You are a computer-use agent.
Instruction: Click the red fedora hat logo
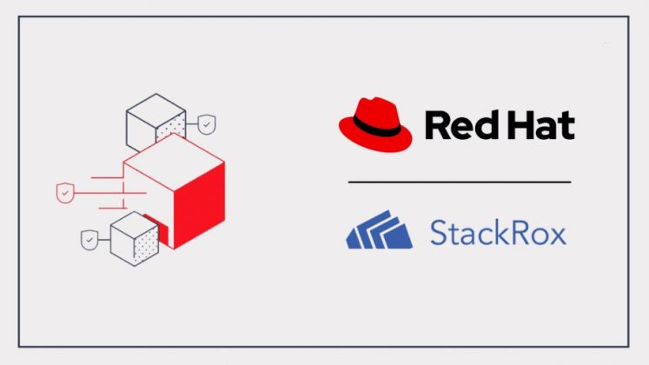(374, 125)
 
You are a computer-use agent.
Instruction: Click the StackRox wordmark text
(498, 233)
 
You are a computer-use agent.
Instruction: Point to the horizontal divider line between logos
(460, 182)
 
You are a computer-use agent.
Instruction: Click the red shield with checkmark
(64, 192)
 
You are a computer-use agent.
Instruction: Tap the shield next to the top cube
(206, 125)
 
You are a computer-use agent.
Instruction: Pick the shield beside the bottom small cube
(89, 238)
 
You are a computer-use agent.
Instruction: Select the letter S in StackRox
(440, 233)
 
